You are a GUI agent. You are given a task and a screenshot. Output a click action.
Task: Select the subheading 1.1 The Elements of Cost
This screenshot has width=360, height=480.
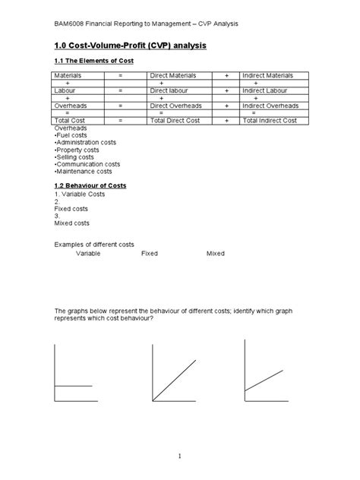click(93, 60)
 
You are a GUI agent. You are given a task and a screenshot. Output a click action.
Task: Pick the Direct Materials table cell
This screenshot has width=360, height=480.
click(173, 76)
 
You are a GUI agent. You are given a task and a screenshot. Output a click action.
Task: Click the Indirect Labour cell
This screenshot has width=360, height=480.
click(266, 90)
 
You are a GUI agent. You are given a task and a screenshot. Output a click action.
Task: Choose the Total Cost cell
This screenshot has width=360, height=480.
click(71, 120)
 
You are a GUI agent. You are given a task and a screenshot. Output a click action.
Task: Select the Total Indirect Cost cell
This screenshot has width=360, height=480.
click(271, 120)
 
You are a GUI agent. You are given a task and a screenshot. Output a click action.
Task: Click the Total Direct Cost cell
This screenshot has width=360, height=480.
click(179, 120)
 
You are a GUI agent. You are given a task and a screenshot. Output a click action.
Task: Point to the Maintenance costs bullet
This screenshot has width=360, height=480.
click(84, 172)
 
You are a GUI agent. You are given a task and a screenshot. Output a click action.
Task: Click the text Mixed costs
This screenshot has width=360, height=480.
click(71, 223)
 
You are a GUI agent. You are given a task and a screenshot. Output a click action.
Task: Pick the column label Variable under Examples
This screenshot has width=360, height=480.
click(88, 253)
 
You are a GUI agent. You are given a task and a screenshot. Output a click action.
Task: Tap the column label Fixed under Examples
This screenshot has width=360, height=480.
click(150, 253)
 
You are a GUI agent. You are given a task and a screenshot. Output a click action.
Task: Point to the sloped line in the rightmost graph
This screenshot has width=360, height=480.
click(264, 381)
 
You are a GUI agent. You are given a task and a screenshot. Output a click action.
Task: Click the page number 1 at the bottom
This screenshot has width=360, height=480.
click(180, 456)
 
